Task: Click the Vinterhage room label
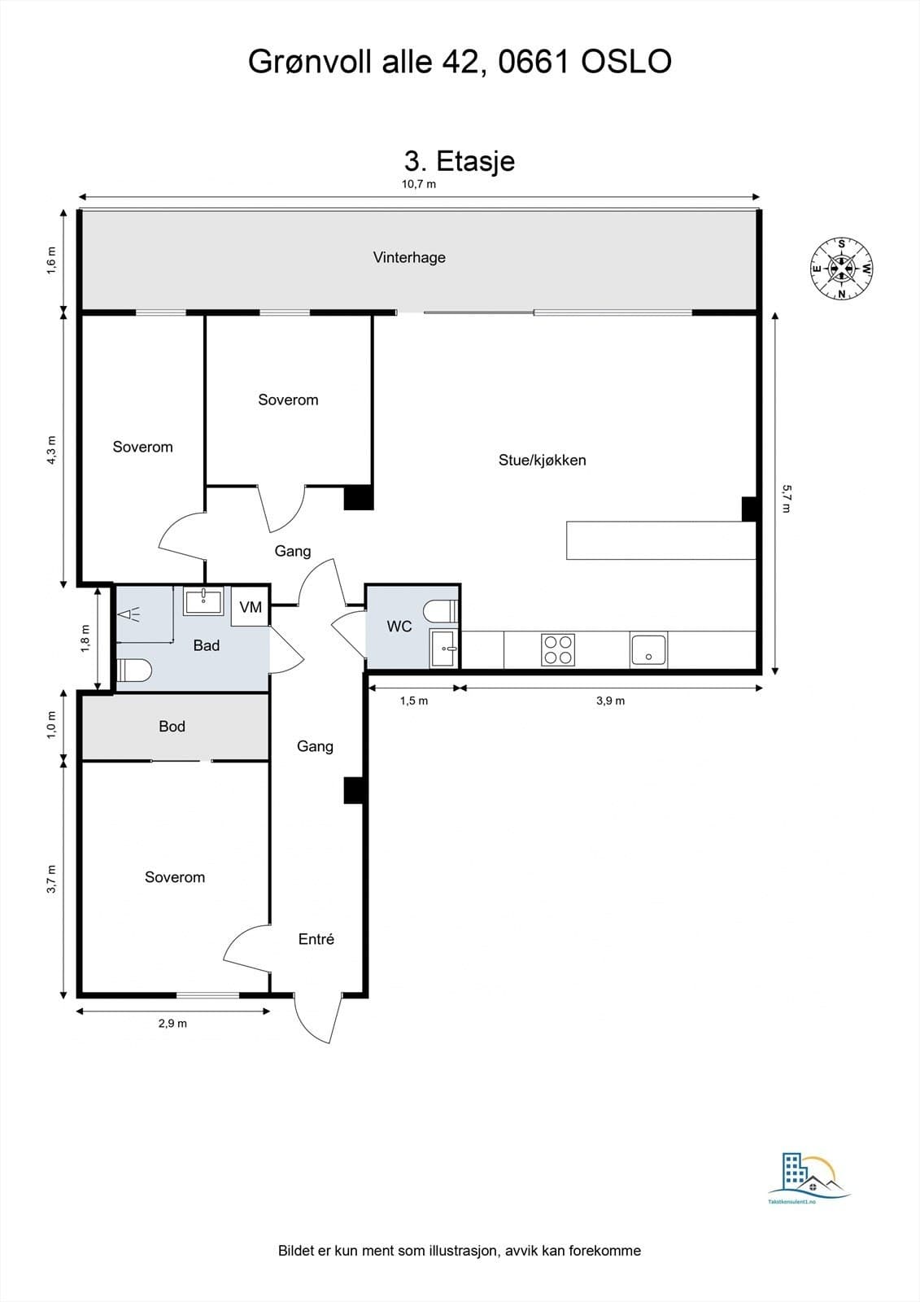point(409,257)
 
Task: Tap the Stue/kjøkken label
point(543,461)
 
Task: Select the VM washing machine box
point(251,607)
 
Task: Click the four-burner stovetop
point(558,649)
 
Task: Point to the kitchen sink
point(648,650)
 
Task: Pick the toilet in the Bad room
point(134,670)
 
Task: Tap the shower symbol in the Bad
point(129,614)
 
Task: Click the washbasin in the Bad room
point(203,601)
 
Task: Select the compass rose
point(842,269)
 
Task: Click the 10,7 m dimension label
point(418,184)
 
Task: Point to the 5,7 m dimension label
point(786,499)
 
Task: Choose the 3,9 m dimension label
point(610,701)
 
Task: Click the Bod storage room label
point(172,726)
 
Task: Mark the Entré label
point(316,939)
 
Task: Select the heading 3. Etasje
point(460,162)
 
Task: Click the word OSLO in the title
point(626,62)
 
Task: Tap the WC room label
point(399,627)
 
